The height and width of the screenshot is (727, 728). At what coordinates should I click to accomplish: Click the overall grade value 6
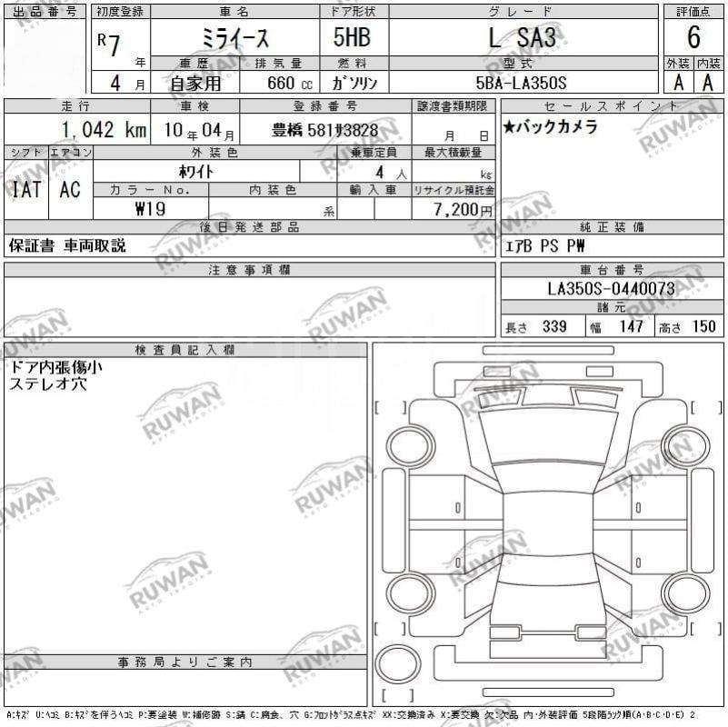click(x=693, y=38)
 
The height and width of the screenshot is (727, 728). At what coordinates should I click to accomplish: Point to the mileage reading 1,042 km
click(x=104, y=130)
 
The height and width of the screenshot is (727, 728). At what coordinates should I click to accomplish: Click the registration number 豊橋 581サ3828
click(x=324, y=130)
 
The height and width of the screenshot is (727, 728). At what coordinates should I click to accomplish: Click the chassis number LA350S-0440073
click(x=611, y=289)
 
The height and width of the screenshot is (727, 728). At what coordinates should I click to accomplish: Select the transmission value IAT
click(x=25, y=190)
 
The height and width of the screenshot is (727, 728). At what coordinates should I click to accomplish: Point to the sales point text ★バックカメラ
click(x=551, y=127)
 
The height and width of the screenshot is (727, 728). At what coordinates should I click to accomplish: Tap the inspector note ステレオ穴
click(x=47, y=384)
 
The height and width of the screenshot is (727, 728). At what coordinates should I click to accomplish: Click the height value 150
click(x=703, y=327)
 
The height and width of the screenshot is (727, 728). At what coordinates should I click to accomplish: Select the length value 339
click(x=554, y=327)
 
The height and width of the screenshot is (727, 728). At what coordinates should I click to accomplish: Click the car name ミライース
click(x=234, y=38)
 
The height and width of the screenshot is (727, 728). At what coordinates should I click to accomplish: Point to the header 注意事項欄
click(x=249, y=270)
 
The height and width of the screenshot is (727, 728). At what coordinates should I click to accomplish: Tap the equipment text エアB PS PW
click(x=545, y=245)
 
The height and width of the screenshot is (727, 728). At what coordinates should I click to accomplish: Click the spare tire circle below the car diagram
click(x=397, y=664)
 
